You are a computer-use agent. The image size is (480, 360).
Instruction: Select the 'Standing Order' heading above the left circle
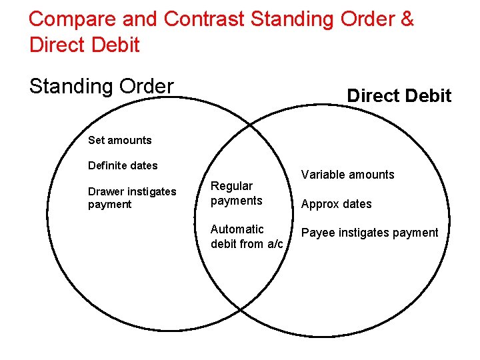pos(101,87)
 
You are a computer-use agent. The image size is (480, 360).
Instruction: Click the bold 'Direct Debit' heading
pos(399,96)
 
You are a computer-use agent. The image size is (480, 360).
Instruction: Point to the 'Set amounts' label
pos(120,140)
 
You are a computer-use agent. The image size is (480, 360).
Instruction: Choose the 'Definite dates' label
pos(123,165)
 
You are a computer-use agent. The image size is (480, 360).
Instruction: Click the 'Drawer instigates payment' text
pos(132,198)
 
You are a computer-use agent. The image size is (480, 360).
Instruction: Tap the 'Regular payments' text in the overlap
pos(236,193)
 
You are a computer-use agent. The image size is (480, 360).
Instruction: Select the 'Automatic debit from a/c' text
pos(246,237)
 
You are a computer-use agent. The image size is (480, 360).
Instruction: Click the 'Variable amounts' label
pos(347,175)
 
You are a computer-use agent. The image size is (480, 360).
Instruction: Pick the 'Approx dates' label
pos(337,204)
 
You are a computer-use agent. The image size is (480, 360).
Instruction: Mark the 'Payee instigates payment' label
pos(370,233)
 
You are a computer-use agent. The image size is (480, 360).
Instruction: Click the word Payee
pos(317,233)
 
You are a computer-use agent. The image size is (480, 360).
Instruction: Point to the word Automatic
pos(237,229)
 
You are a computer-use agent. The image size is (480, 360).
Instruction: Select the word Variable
pos(323,175)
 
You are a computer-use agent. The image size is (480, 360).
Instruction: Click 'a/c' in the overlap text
pos(275,244)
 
